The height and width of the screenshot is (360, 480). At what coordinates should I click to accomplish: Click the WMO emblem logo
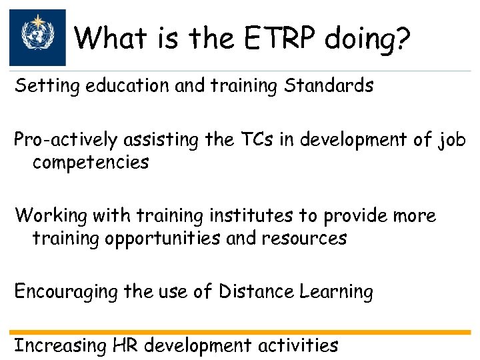(x=37, y=37)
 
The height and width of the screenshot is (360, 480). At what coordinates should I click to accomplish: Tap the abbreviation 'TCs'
(x=249, y=141)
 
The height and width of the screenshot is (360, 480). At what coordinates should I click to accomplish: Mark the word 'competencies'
(x=91, y=163)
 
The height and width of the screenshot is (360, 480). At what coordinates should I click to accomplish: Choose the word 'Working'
(x=50, y=216)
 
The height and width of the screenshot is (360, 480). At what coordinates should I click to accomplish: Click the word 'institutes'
(x=247, y=216)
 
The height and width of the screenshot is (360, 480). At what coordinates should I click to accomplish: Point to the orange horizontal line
(x=240, y=332)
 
